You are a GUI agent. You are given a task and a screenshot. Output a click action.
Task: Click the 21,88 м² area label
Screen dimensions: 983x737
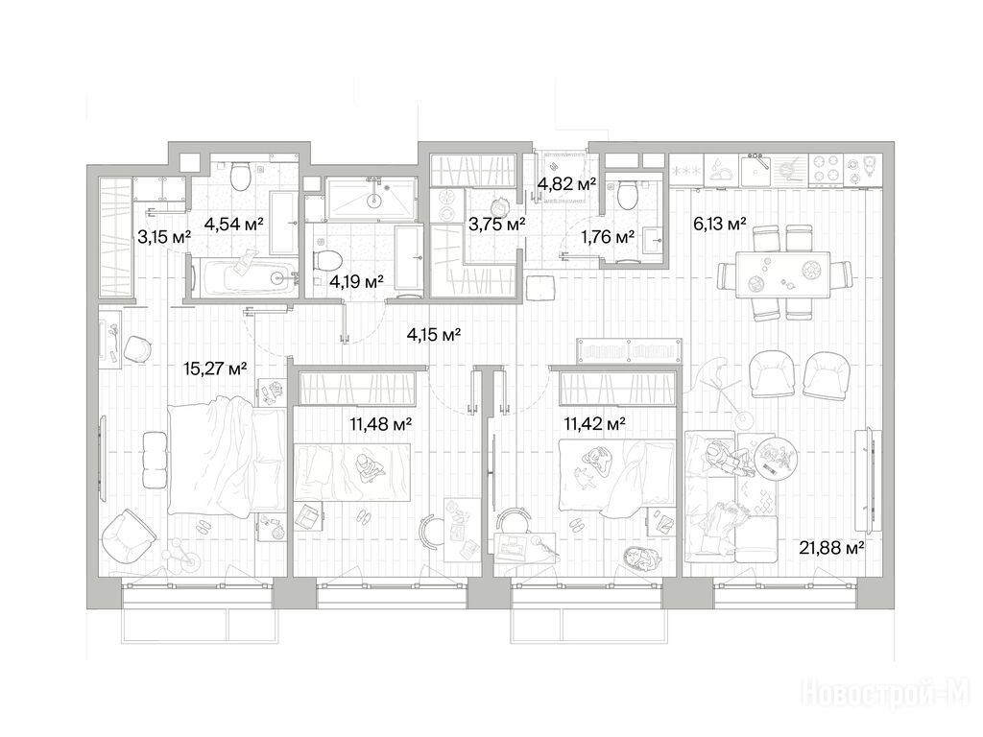(x=832, y=548)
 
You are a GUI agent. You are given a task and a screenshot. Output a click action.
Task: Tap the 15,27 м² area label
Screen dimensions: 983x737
(x=215, y=368)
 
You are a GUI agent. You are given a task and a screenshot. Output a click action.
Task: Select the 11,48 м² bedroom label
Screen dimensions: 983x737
(x=380, y=424)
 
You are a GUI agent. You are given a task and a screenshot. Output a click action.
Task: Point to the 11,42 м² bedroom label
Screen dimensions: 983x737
(x=594, y=424)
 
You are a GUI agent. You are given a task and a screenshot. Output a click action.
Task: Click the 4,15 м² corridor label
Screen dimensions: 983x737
(x=434, y=335)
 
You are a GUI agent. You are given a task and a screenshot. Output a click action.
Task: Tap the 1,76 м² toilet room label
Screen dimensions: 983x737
(x=608, y=237)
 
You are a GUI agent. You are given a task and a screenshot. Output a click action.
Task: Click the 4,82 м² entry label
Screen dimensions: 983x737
(x=566, y=184)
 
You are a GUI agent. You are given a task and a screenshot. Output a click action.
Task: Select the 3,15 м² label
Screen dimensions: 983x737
(x=164, y=237)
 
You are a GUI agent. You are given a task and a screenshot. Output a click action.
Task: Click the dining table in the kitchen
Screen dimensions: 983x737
(x=782, y=273)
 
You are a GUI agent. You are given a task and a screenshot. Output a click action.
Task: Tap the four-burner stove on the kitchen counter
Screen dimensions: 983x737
(x=826, y=167)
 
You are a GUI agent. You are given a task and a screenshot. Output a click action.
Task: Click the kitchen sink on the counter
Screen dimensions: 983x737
(x=755, y=168)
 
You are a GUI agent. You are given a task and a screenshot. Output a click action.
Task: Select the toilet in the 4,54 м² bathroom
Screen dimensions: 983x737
(x=239, y=177)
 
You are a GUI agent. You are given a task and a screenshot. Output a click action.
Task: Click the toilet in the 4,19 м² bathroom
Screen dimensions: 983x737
(x=327, y=258)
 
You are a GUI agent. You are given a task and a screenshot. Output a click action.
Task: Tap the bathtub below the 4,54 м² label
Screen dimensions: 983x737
(x=245, y=275)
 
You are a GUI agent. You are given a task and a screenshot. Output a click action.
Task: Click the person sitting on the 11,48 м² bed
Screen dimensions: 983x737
(x=368, y=468)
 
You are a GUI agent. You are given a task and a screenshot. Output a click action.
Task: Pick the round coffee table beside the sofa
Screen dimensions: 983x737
(x=776, y=459)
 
